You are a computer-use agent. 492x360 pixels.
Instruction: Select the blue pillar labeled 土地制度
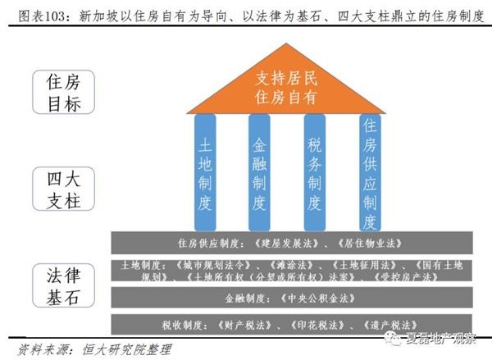[205, 172]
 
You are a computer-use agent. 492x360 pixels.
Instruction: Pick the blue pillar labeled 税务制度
[315, 172]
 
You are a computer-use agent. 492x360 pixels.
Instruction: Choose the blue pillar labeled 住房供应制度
[369, 172]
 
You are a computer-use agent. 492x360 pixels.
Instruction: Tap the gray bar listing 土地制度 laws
[293, 271]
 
